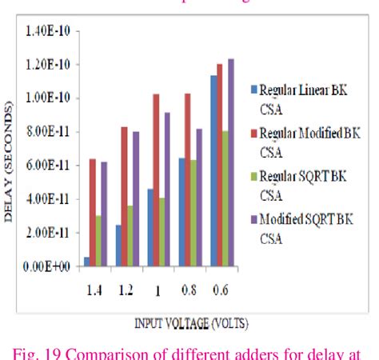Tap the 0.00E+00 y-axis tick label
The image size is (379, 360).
[50, 266]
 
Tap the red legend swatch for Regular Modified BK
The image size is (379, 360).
[253, 132]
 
